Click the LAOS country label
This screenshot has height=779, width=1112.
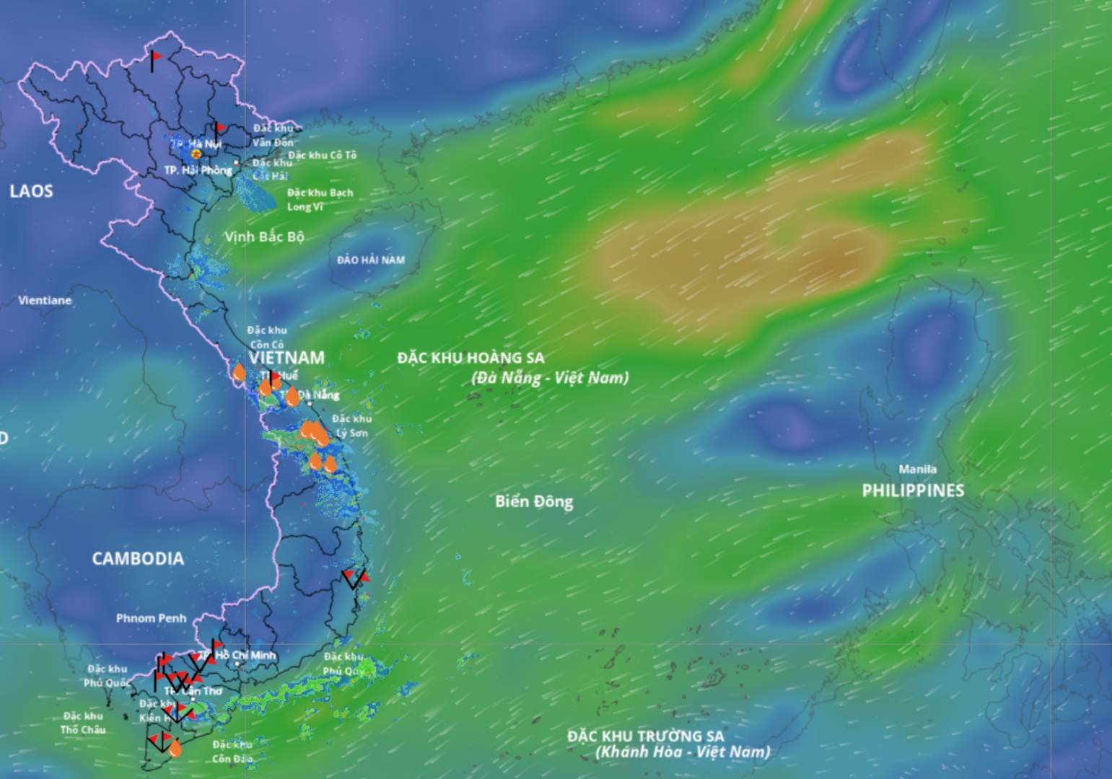31,191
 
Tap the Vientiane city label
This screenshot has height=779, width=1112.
45,300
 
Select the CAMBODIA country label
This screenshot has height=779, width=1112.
137,558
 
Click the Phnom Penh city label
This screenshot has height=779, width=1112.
151,618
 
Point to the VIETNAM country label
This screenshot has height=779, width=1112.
286,358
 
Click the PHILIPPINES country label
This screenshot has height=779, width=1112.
913,490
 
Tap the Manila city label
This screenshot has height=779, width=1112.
917,470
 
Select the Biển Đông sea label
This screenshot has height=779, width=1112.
534,502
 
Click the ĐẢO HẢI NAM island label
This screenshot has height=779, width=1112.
371,260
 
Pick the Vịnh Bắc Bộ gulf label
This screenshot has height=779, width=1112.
264,237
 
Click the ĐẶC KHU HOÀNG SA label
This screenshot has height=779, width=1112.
470,358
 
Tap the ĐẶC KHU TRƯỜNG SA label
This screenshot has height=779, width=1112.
645,736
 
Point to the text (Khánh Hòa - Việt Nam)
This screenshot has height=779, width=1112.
683,752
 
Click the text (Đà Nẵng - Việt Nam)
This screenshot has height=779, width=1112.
550,377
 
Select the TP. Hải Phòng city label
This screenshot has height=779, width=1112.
198,170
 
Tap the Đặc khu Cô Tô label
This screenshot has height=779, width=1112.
322,155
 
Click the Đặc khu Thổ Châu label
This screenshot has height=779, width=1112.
83,723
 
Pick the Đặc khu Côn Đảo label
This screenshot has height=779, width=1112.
232,752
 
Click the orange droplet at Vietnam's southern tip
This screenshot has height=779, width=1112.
175,749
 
